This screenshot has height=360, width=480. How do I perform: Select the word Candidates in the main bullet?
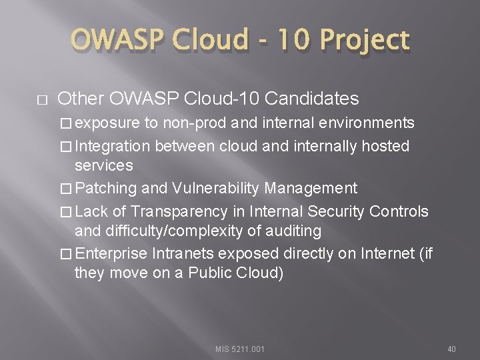pyautogui.click(x=312, y=99)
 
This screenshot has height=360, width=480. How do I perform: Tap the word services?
pyautogui.click(x=104, y=165)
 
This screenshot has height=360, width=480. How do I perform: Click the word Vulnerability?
pyautogui.click(x=214, y=188)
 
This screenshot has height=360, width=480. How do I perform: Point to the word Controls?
pyautogui.click(x=399, y=211)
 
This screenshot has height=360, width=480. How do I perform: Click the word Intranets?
pyautogui.click(x=183, y=254)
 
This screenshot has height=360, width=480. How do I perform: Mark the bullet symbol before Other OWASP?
pyautogui.click(x=41, y=100)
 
